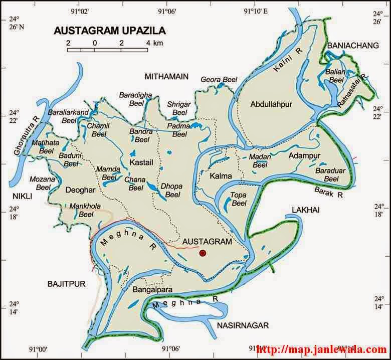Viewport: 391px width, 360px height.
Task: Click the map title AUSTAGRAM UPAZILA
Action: [109, 31]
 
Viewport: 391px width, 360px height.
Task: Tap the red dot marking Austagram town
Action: [203, 254]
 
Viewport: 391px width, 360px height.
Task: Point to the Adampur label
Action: [304, 156]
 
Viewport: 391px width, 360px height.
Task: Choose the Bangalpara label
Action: [151, 290]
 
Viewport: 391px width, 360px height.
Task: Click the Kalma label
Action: [221, 176]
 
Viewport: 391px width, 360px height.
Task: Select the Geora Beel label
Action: [219, 80]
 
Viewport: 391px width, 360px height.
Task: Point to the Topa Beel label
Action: [239, 199]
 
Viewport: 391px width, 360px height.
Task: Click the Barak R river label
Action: [328, 192]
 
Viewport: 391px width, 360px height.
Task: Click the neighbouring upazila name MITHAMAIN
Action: [166, 76]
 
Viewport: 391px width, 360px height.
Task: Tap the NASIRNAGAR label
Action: [243, 325]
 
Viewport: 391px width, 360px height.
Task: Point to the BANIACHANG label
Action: [352, 46]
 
